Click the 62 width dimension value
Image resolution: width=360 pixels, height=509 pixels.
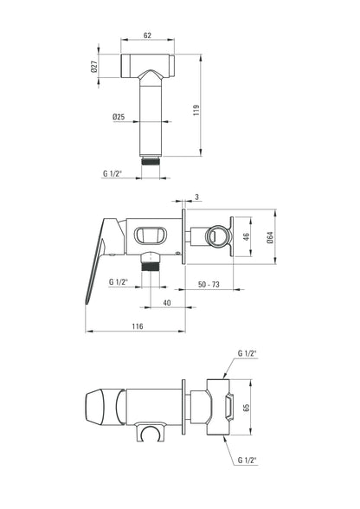[x=147, y=35]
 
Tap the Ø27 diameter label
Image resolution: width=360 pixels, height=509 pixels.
[x=94, y=67]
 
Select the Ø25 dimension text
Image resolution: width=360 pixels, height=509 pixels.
[x=119, y=117]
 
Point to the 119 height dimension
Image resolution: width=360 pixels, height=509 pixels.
[x=196, y=111]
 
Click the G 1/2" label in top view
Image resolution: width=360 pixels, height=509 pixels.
[x=112, y=173]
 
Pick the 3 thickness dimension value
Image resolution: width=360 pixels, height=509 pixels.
[x=197, y=197]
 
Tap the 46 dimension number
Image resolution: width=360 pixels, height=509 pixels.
[x=246, y=236]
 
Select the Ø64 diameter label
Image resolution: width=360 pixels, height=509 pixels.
[x=270, y=237]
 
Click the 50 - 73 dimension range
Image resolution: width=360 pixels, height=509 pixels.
[x=209, y=284]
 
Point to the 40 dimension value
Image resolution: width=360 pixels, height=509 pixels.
[x=167, y=303]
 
